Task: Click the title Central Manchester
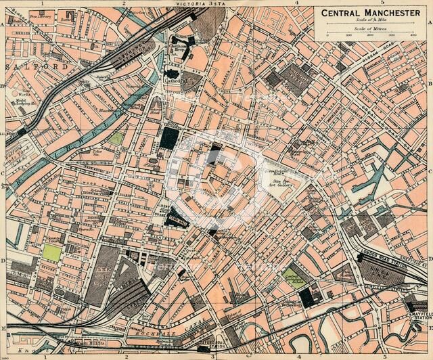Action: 371,13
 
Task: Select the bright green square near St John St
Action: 51,253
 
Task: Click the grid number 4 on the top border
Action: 296,3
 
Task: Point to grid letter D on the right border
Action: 429,260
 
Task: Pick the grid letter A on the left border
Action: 3,23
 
